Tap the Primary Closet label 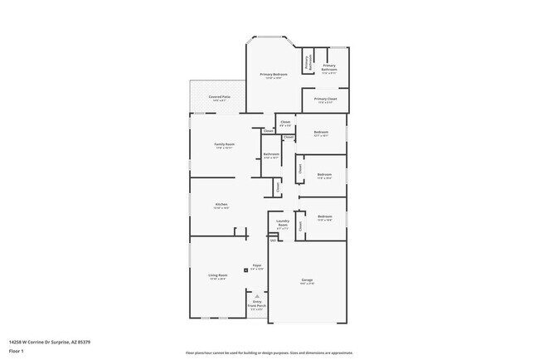pyautogui.click(x=326, y=100)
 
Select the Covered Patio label pyautogui.click(x=220, y=97)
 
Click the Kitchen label pyautogui.click(x=221, y=205)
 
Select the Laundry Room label pyautogui.click(x=282, y=221)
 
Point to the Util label pyautogui.click(x=272, y=241)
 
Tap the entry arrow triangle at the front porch pyautogui.click(x=257, y=295)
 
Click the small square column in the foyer pyautogui.click(x=245, y=270)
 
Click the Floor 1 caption pyautogui.click(x=17, y=351)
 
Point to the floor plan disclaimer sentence pyautogui.click(x=269, y=353)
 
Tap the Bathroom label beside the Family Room pyautogui.click(x=271, y=154)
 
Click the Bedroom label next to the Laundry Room pyautogui.click(x=325, y=217)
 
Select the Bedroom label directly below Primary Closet pyautogui.click(x=323, y=133)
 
